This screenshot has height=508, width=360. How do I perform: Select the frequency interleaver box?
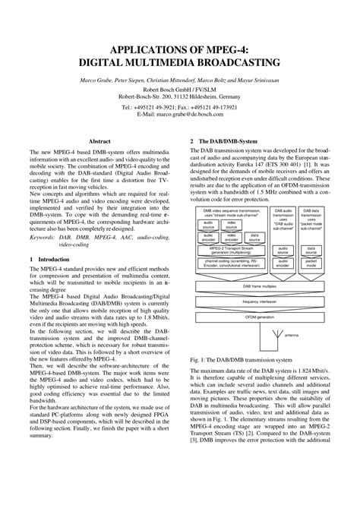pos(259,301)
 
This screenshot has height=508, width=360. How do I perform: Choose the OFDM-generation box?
pos(259,317)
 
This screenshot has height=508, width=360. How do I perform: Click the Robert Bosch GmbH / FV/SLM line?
pos(179,89)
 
